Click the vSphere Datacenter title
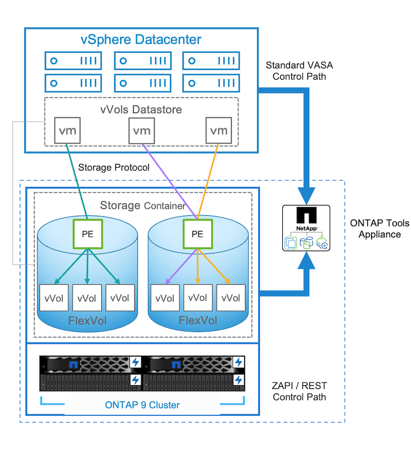pos(141,39)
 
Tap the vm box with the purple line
pos(142,131)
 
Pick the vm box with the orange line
pos(219,131)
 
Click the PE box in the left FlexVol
pos(87,235)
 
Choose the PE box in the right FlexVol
pos(197,235)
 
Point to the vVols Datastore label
pos(141,109)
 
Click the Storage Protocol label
pos(114,167)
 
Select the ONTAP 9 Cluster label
pos(142,405)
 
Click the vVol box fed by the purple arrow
pos(164,298)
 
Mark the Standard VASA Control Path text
pos(299,71)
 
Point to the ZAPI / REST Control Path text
pos(299,392)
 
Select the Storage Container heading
pos(142,206)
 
